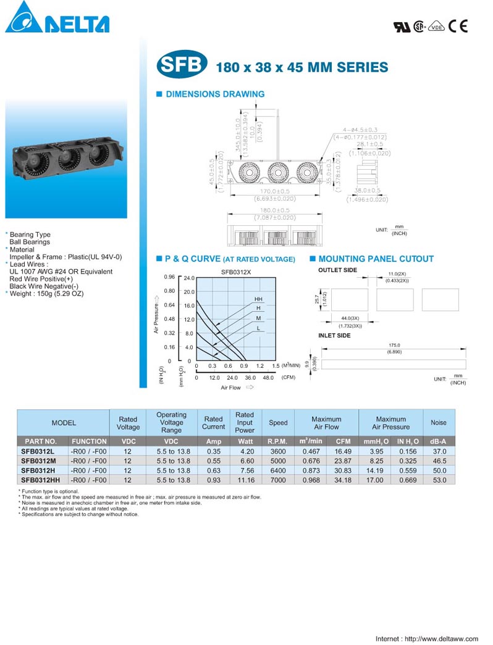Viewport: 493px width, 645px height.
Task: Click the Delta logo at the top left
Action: coord(57,19)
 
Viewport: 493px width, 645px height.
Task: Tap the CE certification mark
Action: coord(458,27)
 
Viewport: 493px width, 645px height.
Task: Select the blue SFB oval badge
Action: coord(181,66)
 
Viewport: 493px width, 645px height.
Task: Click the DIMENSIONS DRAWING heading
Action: coord(214,94)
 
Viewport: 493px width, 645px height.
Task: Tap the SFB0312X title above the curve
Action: coord(235,271)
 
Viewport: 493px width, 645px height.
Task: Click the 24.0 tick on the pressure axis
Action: coord(188,278)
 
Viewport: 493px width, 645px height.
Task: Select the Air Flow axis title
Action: coord(230,388)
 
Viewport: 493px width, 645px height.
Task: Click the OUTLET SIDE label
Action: coord(337,270)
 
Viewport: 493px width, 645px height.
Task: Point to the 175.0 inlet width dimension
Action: coord(394,346)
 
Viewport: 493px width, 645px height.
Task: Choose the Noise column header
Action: coord(438,423)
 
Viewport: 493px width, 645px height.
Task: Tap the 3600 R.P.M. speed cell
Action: coord(278,452)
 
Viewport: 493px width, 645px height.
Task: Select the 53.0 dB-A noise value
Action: coord(438,480)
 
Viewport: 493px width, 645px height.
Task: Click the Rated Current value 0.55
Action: coord(213,461)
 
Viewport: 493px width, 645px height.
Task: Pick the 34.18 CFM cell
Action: coord(343,480)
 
